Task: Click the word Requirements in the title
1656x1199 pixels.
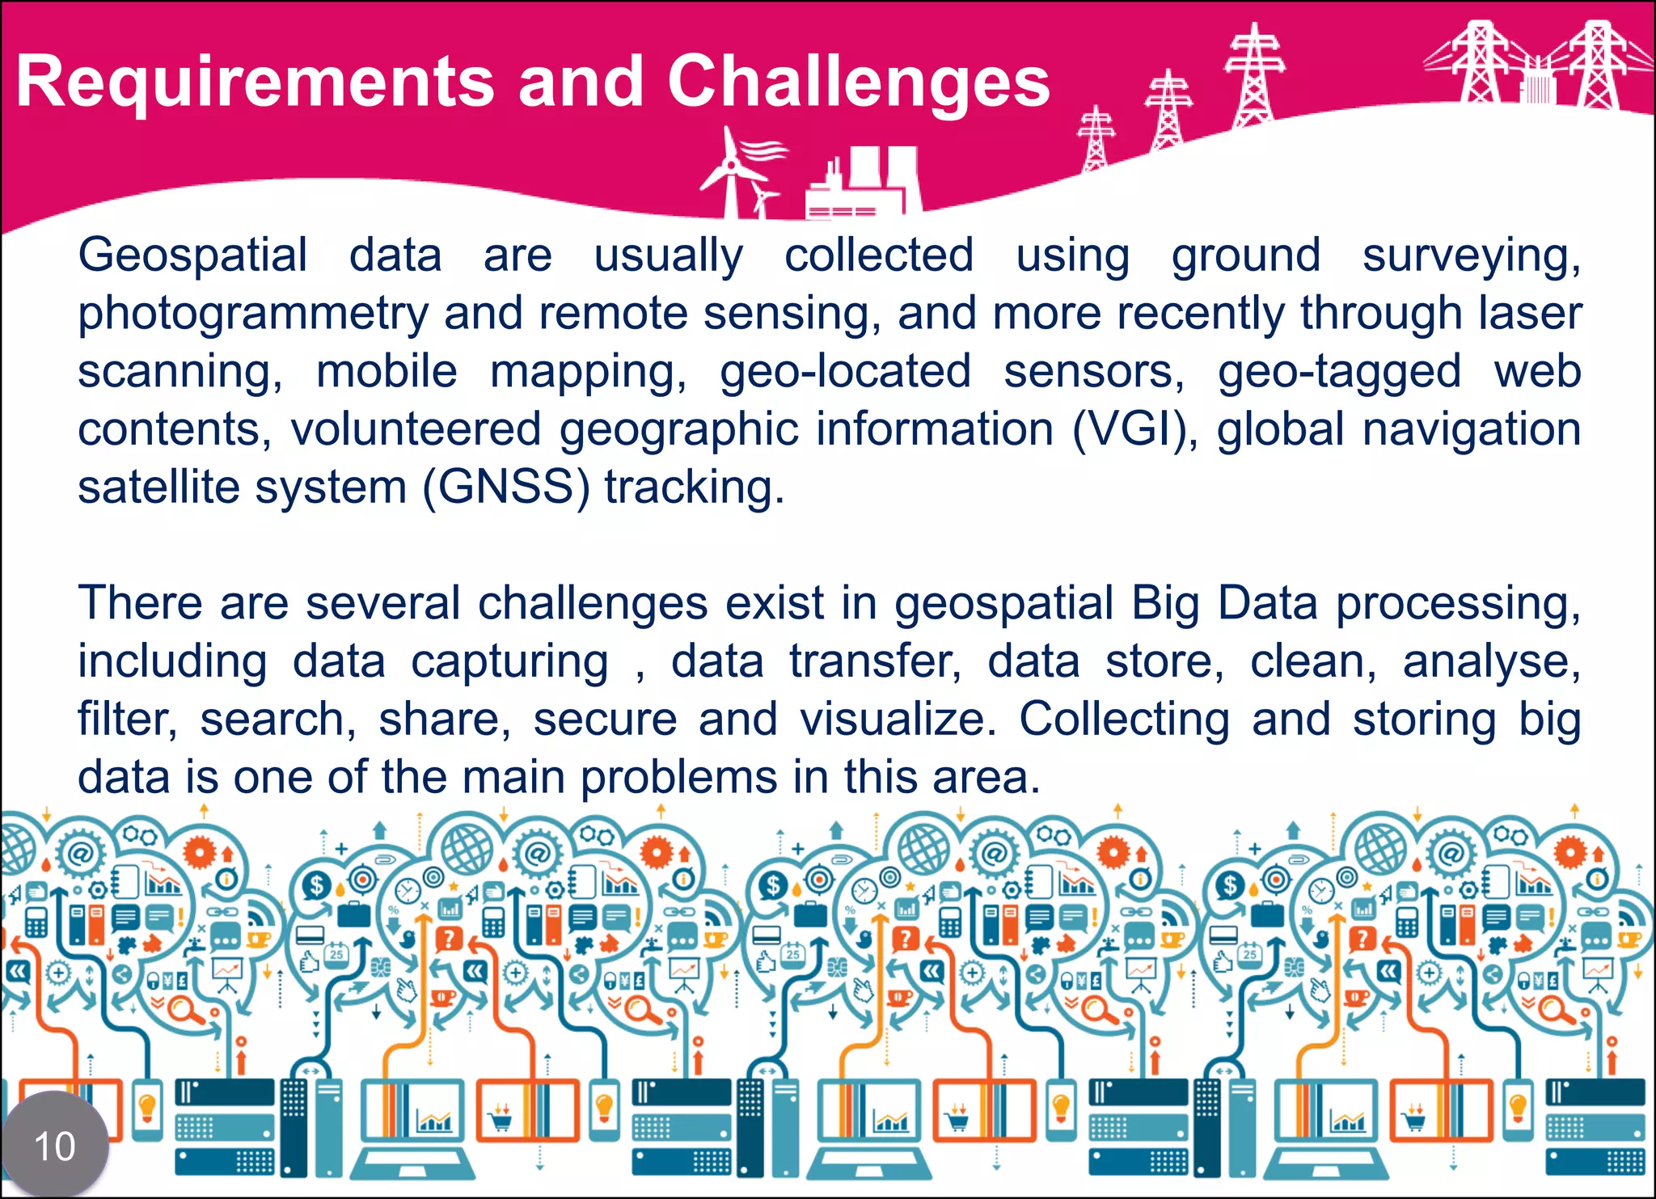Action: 255,82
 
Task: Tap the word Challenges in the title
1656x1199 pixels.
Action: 858,82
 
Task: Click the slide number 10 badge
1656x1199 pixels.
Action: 55,1146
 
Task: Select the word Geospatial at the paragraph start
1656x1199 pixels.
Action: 192,256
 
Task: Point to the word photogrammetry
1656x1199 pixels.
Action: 253,314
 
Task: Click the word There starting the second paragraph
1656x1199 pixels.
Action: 140,603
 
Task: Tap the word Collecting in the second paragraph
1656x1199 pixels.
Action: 1124,719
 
